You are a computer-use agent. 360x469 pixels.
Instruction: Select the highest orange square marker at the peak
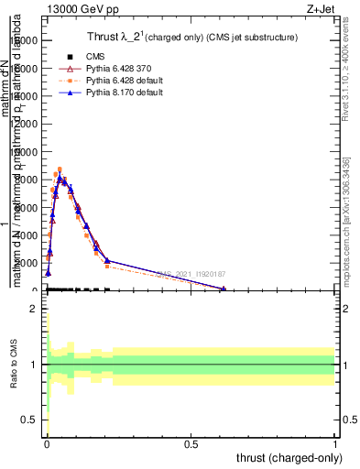click(60, 169)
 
